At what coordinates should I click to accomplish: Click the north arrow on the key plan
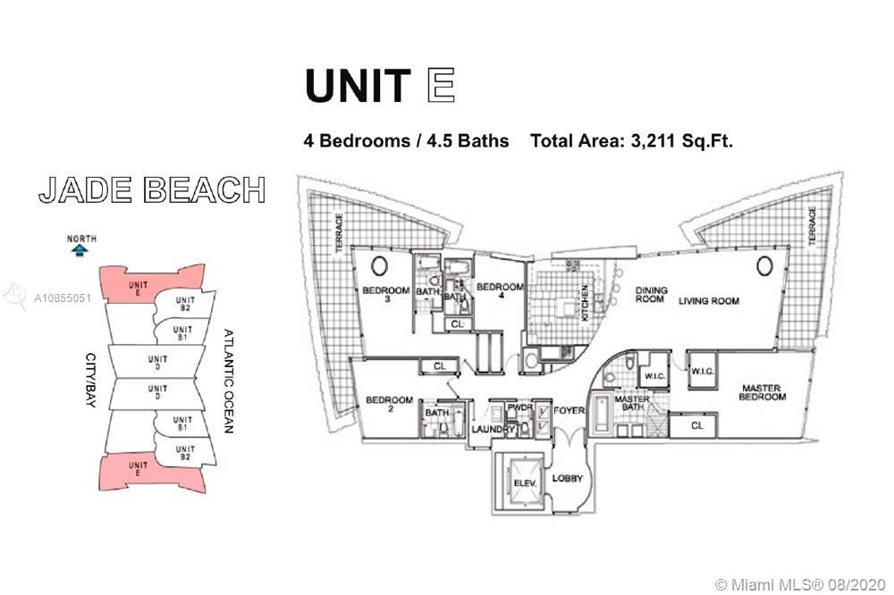coord(80,249)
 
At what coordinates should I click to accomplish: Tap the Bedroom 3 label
coord(386,294)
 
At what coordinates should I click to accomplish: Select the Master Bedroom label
coord(762,392)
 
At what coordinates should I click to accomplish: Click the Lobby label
coord(568,478)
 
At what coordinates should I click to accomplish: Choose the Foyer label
coord(569,410)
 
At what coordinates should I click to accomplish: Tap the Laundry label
coord(493,429)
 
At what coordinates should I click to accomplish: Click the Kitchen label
coord(585,303)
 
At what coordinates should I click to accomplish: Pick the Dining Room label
coord(651,295)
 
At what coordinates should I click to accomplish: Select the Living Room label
coord(709,301)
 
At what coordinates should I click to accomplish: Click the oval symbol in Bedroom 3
coord(380,265)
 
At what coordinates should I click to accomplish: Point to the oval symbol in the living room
coord(764,265)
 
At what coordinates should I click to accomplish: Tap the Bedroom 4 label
coord(500,290)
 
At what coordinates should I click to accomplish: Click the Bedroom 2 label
coord(390,404)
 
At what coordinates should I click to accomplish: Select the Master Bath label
coord(632,403)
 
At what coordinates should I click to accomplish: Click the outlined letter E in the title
coord(441,85)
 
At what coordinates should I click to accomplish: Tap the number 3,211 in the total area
coord(654,140)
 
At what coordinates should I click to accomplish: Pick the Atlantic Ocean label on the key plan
coord(228,381)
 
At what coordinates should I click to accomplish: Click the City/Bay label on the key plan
coord(90,380)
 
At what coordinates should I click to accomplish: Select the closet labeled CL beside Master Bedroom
coord(696,425)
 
